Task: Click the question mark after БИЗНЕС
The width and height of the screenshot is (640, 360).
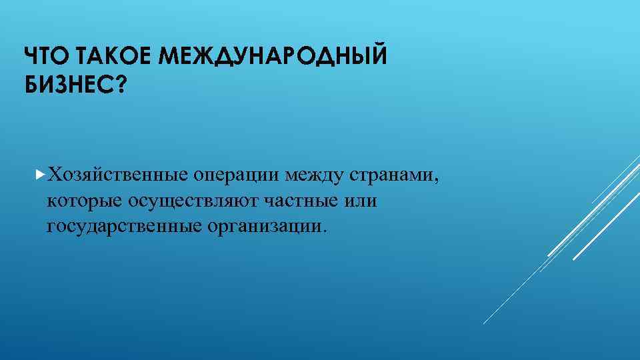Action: pos(121,85)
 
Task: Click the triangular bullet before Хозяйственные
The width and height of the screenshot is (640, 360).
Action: pos(42,175)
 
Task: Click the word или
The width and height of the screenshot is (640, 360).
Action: pos(363,201)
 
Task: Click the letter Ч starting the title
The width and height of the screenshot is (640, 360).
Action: pos(30,58)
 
